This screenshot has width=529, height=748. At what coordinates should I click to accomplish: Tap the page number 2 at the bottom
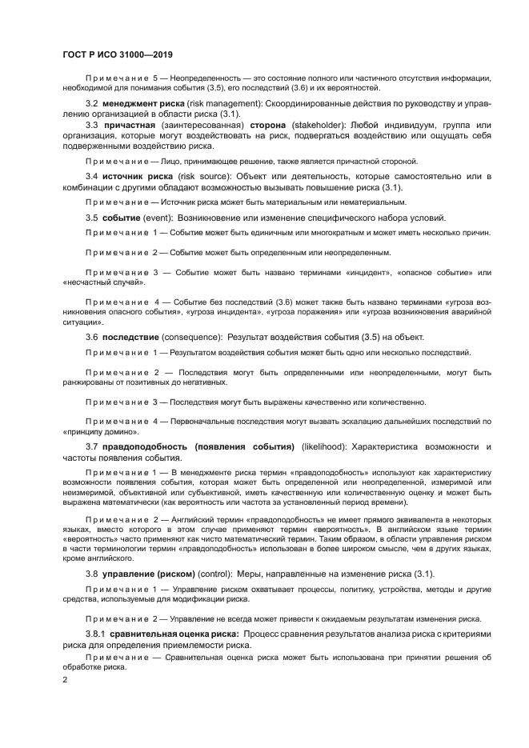point(65,679)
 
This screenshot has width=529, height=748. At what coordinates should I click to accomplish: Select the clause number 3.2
point(92,104)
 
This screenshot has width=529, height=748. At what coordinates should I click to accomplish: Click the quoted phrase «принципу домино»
point(94,430)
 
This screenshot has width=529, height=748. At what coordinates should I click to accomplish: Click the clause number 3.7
point(92,445)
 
